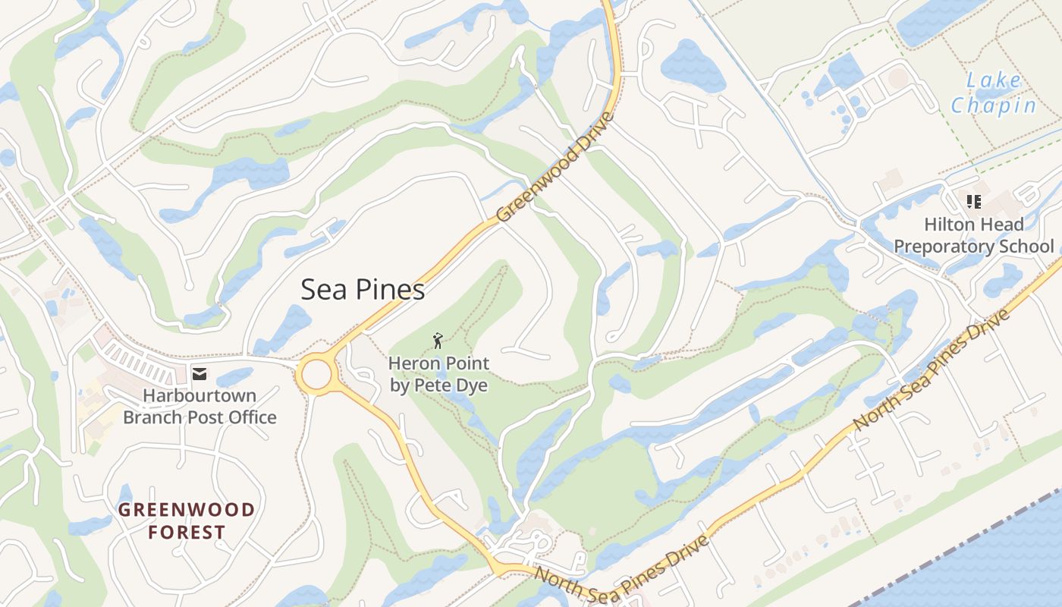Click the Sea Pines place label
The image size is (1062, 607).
363,290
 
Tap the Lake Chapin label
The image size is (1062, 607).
994,93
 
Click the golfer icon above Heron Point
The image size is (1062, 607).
438,341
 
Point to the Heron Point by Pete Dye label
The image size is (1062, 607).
438,374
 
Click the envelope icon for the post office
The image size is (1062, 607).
200,373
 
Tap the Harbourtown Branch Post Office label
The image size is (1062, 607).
200,407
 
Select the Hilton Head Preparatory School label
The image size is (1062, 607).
974,235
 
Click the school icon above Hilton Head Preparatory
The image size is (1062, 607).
973,202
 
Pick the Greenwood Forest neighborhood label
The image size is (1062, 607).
187,521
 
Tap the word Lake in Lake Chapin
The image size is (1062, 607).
994,80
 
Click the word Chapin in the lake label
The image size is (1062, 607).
994,105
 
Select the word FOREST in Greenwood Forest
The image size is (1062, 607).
187,532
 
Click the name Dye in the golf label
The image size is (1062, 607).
471,385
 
